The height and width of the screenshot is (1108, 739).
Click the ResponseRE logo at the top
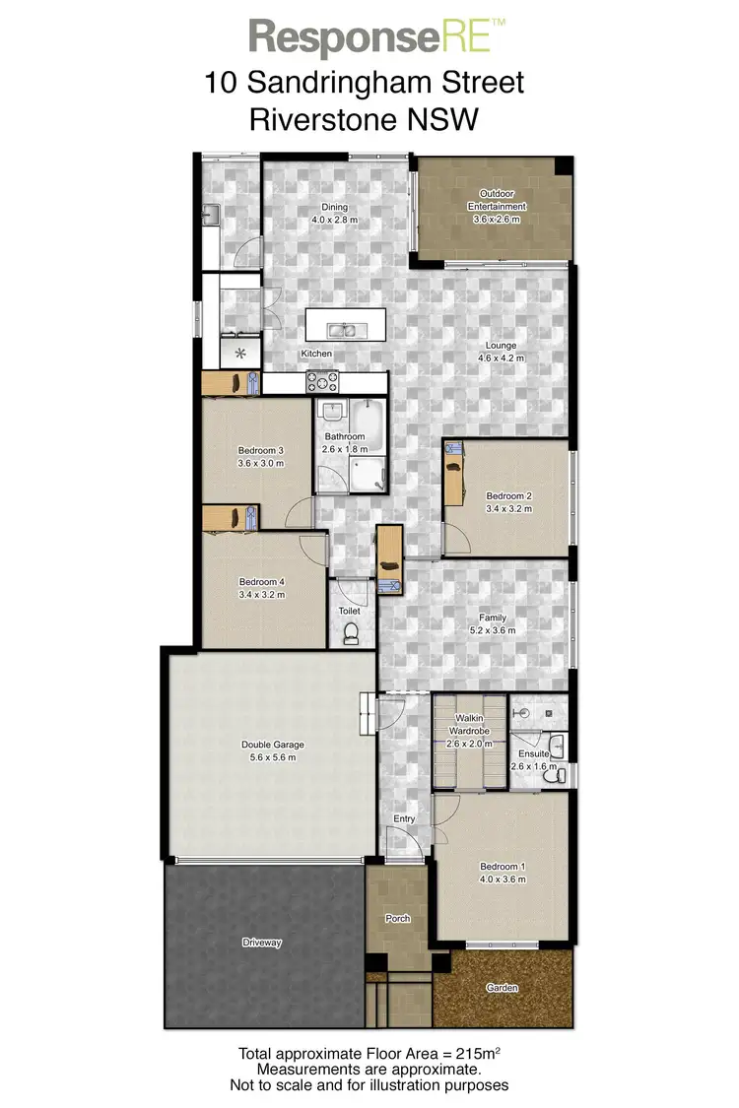[377, 37]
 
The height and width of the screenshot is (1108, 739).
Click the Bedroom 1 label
[503, 867]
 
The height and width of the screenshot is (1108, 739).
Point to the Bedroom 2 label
[508, 496]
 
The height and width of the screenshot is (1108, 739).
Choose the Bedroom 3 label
[261, 451]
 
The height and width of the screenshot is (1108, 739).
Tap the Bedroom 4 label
[261, 582]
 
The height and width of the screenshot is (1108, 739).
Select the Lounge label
[501, 346]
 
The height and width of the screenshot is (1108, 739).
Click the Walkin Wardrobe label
[469, 724]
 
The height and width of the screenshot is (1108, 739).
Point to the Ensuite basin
[557, 745]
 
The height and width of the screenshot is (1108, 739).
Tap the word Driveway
[262, 943]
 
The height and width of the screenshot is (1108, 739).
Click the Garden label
[502, 988]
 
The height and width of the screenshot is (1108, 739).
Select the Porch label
[398, 919]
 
